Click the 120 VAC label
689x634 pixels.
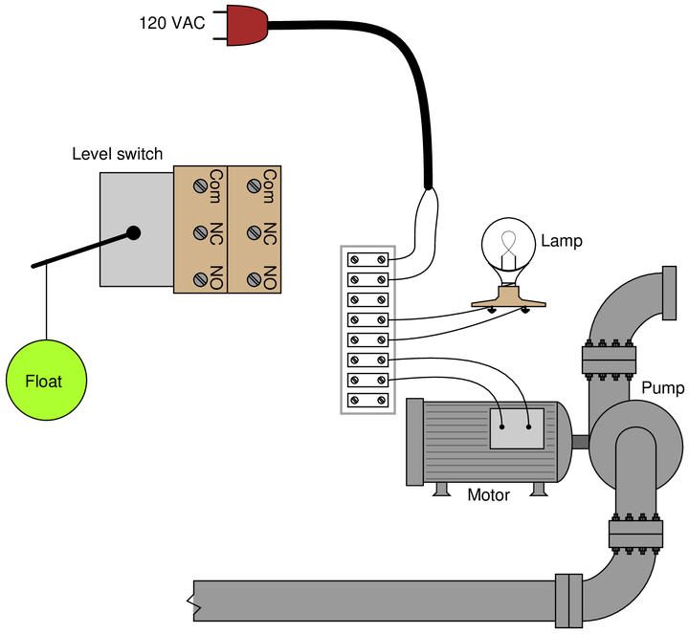click(172, 23)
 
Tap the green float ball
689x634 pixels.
click(46, 381)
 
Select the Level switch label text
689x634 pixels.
click(118, 154)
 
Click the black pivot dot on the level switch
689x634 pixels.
click(133, 233)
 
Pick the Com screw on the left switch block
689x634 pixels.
click(200, 186)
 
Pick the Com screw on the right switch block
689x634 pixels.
click(254, 186)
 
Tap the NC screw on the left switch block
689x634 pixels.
click(200, 232)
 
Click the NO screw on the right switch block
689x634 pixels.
click(254, 279)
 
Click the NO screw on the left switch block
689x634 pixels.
click(200, 279)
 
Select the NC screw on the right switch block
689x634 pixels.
click(254, 232)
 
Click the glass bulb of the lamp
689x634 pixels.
click(508, 246)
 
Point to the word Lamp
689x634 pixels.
click(562, 241)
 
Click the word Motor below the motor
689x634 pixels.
click(488, 494)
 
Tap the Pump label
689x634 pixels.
click(662, 387)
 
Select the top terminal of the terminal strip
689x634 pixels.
click(367, 259)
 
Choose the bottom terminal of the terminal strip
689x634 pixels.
click(367, 400)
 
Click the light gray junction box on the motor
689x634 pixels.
click(517, 428)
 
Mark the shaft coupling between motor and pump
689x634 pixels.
click(581, 441)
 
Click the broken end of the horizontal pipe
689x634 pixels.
click(193, 601)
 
